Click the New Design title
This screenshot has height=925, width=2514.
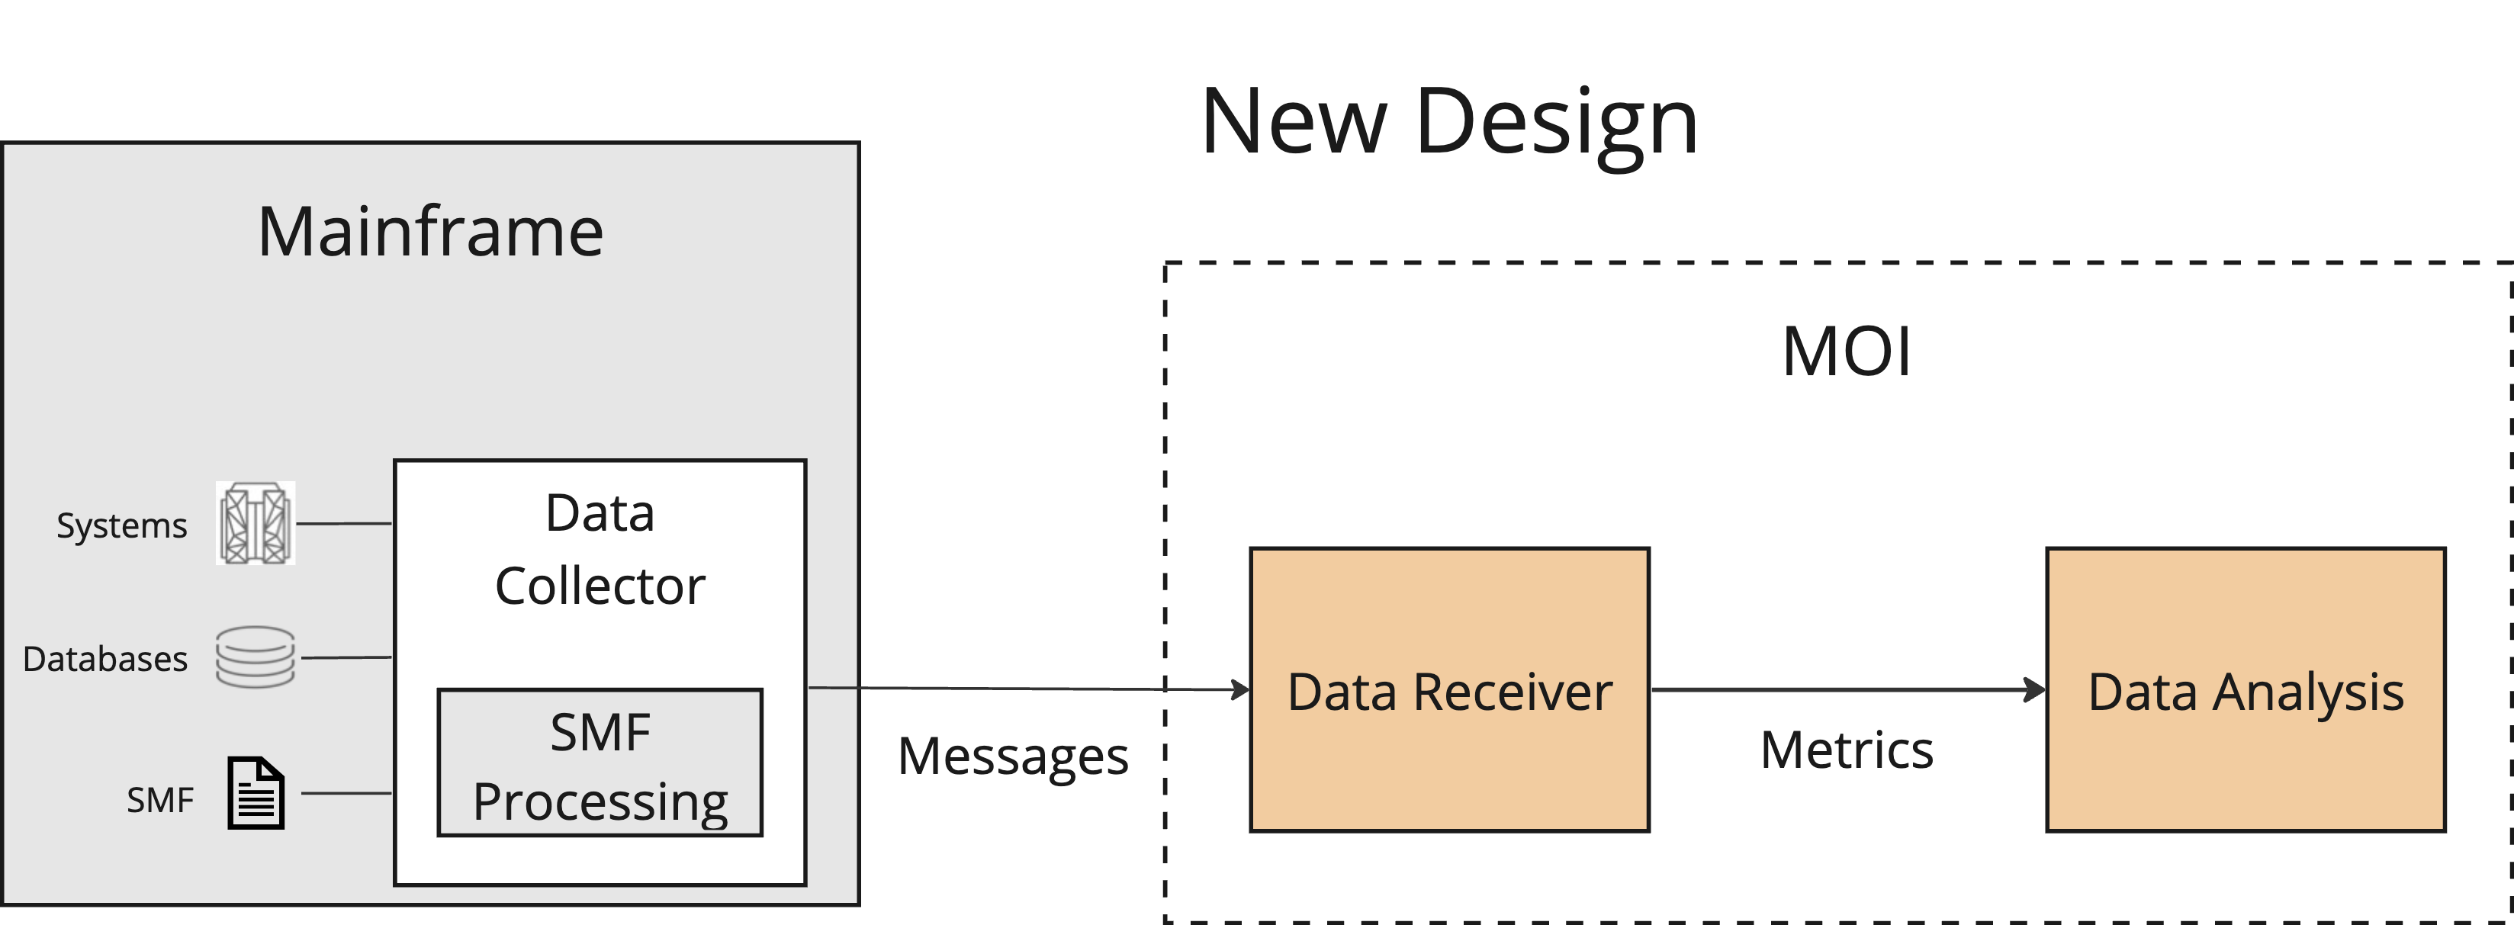[x=1449, y=122]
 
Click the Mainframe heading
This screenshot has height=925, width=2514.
[x=430, y=233]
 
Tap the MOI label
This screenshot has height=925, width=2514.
[x=1846, y=352]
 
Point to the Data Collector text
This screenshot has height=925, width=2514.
[x=600, y=548]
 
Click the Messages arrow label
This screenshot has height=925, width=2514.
[x=1012, y=756]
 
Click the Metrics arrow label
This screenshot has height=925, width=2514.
[x=1847, y=750]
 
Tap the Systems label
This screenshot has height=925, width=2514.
[x=121, y=526]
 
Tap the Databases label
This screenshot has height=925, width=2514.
[x=104, y=660]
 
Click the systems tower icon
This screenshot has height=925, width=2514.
[x=255, y=524]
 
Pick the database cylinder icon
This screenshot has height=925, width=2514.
[x=255, y=657]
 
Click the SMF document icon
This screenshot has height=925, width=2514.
[x=256, y=793]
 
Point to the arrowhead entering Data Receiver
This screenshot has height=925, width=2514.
[x=1242, y=690]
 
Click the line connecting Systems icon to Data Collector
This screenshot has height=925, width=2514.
[x=343, y=524]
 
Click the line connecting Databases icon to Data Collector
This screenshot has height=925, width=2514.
[x=346, y=657]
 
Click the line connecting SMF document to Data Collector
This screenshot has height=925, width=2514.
[x=346, y=793]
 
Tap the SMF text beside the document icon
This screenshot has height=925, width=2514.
[x=159, y=801]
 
